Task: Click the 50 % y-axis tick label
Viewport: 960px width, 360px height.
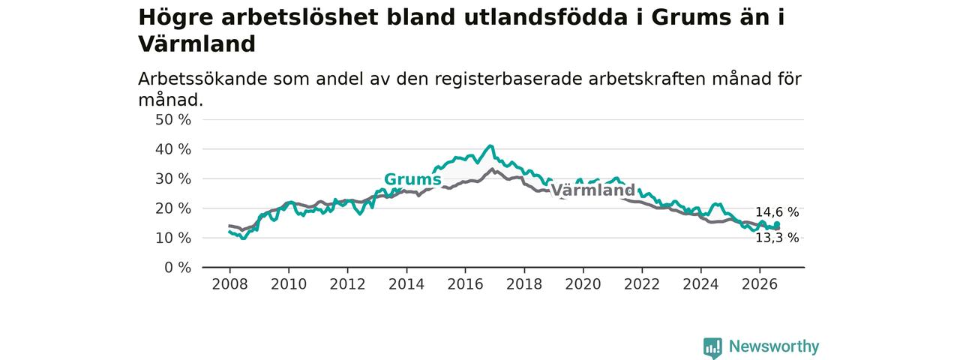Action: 173,120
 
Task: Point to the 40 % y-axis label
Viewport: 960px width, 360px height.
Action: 173,149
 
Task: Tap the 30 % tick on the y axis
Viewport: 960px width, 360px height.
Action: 173,179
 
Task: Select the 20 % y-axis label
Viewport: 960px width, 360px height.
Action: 173,208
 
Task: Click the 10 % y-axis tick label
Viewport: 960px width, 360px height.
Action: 173,238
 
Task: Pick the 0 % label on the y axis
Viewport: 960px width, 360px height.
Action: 178,268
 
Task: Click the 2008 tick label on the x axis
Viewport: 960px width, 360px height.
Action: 229,284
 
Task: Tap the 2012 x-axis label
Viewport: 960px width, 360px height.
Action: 347,284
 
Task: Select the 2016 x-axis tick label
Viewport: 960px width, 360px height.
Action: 466,284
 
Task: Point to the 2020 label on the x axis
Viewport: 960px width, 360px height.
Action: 583,284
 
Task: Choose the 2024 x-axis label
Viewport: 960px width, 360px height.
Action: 700,284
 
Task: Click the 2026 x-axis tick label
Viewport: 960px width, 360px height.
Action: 760,284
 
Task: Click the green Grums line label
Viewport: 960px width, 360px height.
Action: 412,179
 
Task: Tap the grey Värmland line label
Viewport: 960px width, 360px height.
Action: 592,190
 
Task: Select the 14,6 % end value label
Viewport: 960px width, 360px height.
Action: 777,212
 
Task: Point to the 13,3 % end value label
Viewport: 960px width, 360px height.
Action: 777,238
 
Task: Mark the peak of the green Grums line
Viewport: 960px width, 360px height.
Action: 490,145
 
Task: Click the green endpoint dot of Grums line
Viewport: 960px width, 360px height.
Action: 777,224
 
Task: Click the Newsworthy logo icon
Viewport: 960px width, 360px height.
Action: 712,347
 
